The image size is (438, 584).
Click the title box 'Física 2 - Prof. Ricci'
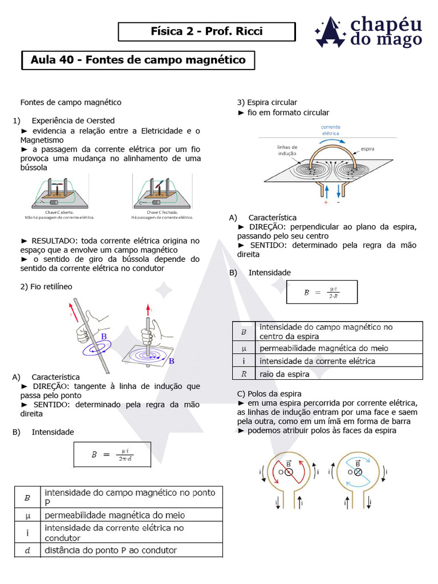[206, 31]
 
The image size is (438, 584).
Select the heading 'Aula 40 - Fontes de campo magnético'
[138, 60]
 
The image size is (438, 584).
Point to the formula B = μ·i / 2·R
[322, 292]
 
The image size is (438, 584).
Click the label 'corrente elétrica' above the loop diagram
[331, 130]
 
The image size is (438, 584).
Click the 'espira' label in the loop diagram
[367, 149]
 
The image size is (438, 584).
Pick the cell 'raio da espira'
[285, 374]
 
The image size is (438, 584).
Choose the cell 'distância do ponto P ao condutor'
[111, 550]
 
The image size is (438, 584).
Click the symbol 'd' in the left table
[27, 550]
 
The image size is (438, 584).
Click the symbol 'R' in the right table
[244, 374]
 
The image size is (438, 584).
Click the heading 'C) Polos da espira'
[269, 394]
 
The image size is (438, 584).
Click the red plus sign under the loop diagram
[326, 202]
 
